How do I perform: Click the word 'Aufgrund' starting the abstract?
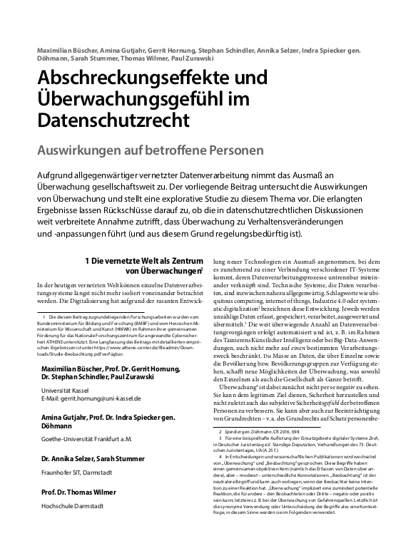pyautogui.click(x=59, y=175)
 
